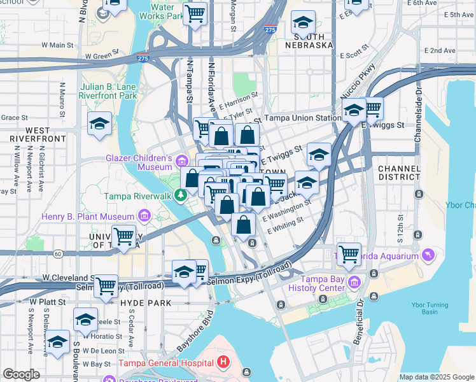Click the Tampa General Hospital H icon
point(223,363)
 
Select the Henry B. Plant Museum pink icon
point(144,217)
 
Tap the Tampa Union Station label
point(302,118)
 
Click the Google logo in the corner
point(22,374)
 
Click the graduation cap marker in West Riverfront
point(99,124)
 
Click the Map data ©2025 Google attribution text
point(437,377)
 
